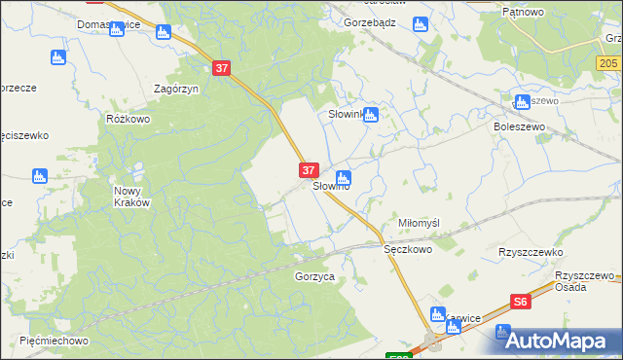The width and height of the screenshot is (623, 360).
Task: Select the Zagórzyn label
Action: [176, 88]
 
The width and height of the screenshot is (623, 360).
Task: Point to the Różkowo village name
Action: [128, 118]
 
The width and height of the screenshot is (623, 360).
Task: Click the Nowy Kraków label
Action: [131, 197]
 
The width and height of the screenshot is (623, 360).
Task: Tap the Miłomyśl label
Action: [420, 223]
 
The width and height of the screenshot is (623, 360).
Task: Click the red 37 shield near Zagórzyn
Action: [222, 68]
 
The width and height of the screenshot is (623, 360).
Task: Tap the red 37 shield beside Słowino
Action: [308, 169]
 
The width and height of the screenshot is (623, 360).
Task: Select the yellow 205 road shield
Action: [610, 61]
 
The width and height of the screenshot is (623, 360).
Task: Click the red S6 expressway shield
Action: [522, 303]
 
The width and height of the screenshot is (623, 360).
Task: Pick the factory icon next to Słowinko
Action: [371, 115]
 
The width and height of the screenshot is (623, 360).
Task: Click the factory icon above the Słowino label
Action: [343, 177]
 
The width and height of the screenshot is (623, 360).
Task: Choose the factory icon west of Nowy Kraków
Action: [40, 176]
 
